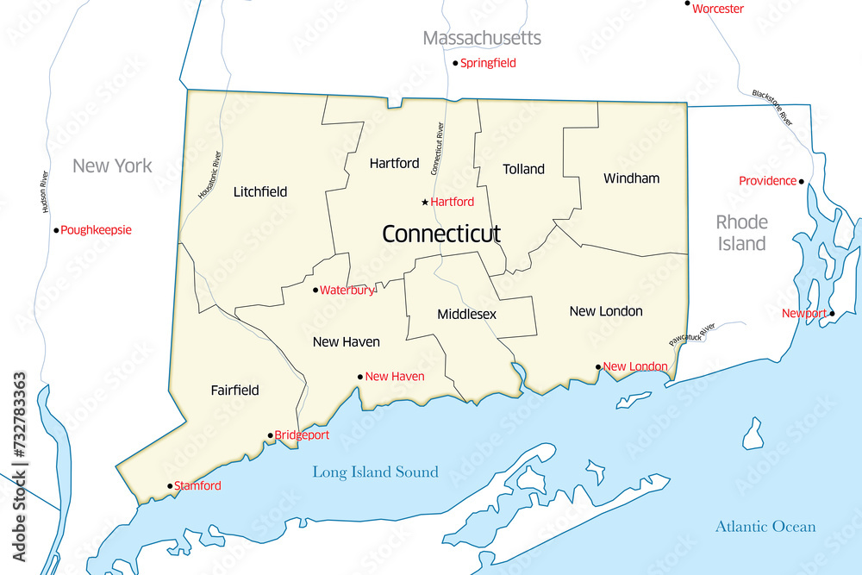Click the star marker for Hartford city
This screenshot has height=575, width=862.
pos(424,203)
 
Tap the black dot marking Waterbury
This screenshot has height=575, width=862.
pos(315,290)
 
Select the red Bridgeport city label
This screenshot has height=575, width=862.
pos(302,435)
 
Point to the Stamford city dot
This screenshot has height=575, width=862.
pos(170,486)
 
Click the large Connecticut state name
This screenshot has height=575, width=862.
pos(440,234)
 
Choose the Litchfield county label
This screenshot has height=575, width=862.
pos(260,191)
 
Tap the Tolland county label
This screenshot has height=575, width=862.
pos(524,169)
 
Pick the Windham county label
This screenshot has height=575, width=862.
pos(631,178)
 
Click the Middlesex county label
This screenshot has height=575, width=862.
pos(466,314)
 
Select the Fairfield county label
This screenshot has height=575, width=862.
pos(234,391)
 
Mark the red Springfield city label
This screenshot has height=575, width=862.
pos(488,63)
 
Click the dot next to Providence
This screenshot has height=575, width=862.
pos(801,181)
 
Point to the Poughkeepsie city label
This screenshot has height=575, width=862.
pos(96,230)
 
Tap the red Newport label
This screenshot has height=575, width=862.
pos(803,313)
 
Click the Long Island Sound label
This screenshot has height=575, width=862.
pos(375,472)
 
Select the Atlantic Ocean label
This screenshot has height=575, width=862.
pos(765,527)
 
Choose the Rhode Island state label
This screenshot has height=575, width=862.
pos(741,233)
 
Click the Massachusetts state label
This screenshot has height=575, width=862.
pos(482,38)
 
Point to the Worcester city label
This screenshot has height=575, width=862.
pos(718,9)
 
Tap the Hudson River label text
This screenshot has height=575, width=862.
pos(44,191)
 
